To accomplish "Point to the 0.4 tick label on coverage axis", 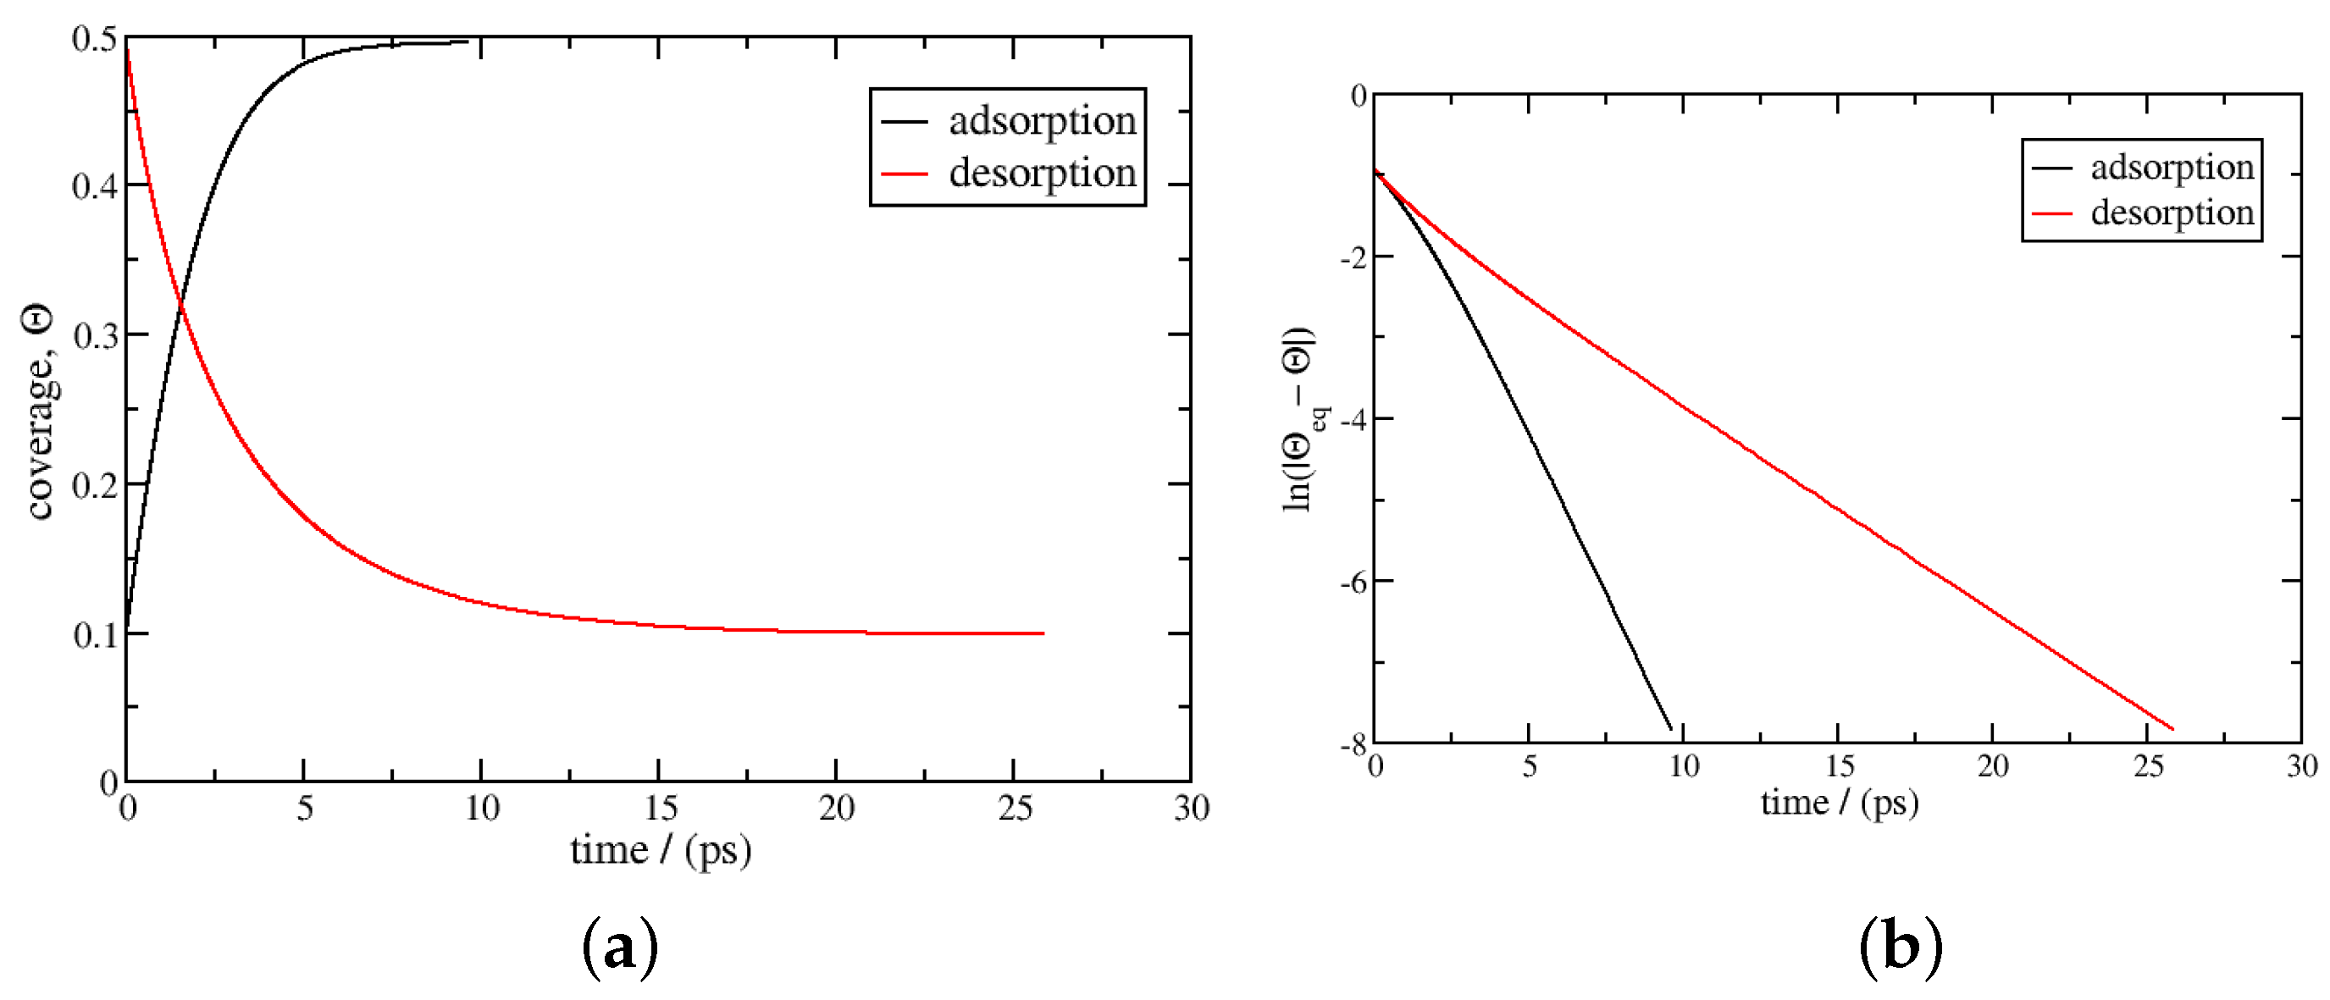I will click(95, 186).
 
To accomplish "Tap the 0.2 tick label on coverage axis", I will click(95, 485).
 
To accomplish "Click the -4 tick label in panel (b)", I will click(1353, 419).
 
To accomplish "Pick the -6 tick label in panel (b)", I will click(1353, 582).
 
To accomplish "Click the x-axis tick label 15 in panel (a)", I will click(661, 808).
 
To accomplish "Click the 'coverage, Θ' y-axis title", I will click(38, 412).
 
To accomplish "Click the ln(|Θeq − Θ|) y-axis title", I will click(1301, 418).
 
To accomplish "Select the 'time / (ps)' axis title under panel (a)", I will click(661, 850).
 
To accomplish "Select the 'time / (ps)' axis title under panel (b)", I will click(1839, 803).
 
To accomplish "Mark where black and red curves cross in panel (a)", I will click(181, 307).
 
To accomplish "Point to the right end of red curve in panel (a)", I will click(1043, 633).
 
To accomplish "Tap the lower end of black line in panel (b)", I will click(1670, 729).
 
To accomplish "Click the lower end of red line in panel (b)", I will click(2172, 729).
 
